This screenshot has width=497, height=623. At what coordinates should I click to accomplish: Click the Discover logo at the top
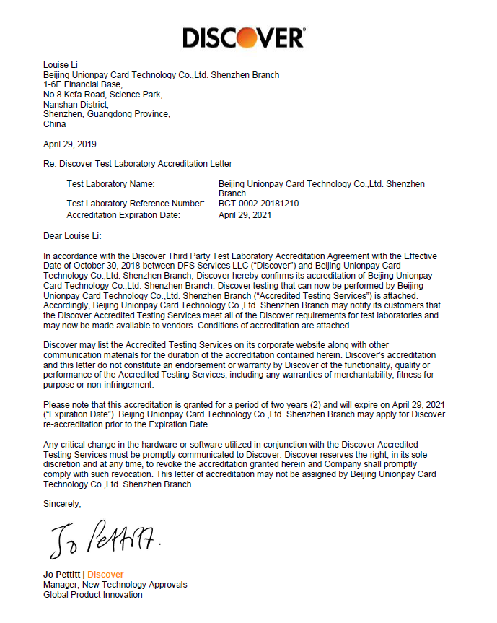click(243, 37)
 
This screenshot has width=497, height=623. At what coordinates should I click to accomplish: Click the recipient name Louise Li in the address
click(61, 65)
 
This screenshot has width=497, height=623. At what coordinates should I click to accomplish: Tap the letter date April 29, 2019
click(69, 144)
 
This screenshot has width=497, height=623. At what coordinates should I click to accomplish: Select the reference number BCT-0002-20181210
click(258, 204)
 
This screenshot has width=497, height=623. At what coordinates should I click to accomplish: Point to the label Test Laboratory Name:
click(110, 184)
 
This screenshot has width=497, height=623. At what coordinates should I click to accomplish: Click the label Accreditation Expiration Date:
click(123, 214)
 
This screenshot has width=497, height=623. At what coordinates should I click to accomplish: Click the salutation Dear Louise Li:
click(73, 235)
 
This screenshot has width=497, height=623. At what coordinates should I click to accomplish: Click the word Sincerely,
click(62, 503)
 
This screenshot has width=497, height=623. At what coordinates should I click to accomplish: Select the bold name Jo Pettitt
click(63, 575)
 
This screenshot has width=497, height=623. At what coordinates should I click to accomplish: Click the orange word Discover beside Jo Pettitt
click(105, 575)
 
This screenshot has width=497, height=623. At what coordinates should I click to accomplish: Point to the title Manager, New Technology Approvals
click(115, 585)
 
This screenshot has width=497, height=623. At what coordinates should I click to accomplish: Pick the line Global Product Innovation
click(92, 595)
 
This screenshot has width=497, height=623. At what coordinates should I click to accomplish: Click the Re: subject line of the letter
click(137, 164)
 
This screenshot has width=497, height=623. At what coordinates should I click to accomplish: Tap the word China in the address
click(54, 124)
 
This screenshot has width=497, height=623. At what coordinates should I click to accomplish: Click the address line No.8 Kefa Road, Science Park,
click(102, 95)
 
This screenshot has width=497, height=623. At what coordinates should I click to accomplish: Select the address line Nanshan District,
click(75, 104)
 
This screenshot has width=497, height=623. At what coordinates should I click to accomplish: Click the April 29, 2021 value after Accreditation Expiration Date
click(245, 214)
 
